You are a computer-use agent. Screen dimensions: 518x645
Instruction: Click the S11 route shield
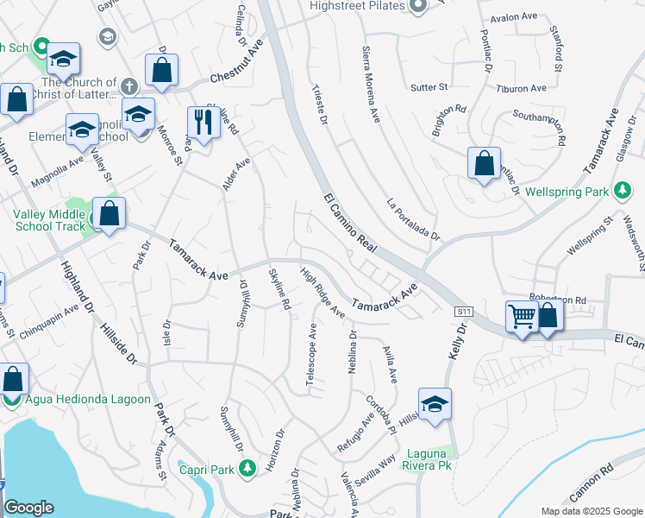[465, 311]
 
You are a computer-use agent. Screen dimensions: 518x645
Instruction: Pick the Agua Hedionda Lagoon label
[88, 400]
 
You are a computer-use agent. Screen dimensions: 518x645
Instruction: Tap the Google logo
[28, 508]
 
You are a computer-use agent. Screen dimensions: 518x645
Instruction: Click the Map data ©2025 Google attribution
[592, 511]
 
